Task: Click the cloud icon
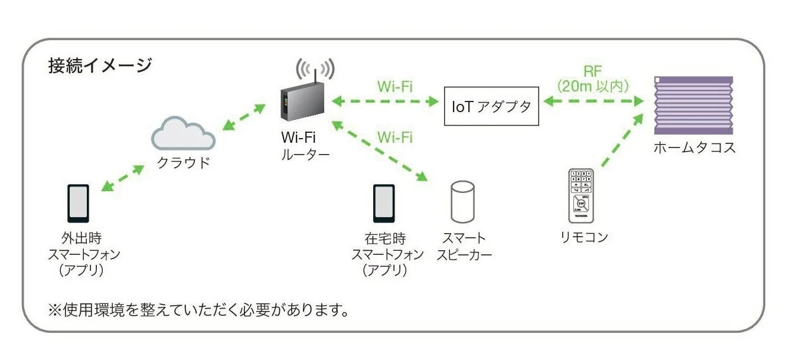(183, 134)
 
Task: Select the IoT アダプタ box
(491, 106)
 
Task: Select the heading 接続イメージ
(100, 66)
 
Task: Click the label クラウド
(183, 163)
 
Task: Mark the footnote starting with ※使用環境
(198, 309)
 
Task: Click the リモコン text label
(583, 237)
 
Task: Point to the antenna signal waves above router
(315, 68)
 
